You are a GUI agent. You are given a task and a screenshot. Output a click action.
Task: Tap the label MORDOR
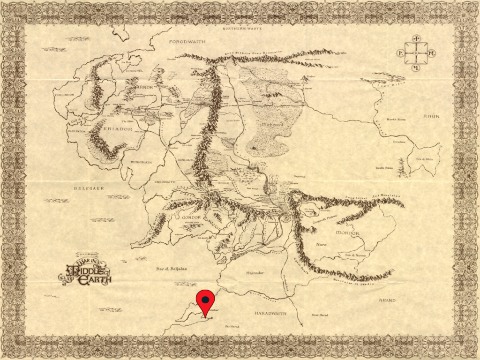coord(348,233)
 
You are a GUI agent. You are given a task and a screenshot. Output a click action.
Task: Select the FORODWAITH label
coord(187,42)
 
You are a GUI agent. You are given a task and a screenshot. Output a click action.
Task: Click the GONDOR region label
coord(190,217)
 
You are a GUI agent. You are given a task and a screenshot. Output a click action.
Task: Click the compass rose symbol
coord(416,53)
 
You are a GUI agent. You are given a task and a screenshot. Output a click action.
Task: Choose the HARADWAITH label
coord(270,313)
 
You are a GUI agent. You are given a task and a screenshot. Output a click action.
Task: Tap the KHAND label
coord(387,300)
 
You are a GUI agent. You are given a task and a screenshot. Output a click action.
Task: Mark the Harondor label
coord(255,272)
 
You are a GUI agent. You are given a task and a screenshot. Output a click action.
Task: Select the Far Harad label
coord(232,326)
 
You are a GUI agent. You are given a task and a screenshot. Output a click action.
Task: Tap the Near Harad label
coord(320,315)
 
